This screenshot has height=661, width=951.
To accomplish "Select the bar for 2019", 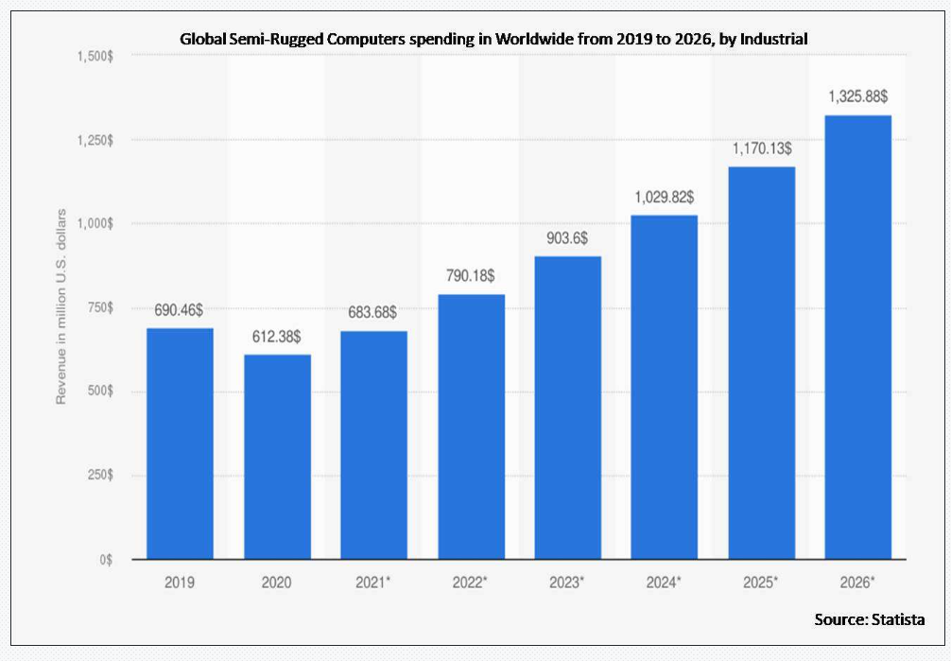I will pyautogui.click(x=180, y=444).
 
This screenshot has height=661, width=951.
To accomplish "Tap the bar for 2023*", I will pyautogui.click(x=567, y=408).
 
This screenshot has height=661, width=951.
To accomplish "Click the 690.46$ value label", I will pyautogui.click(x=180, y=309).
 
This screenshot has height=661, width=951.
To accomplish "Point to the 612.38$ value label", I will pyautogui.click(x=277, y=336).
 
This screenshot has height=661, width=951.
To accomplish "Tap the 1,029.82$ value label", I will pyautogui.click(x=664, y=197).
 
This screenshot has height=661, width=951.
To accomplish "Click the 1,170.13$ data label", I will pyautogui.click(x=761, y=148).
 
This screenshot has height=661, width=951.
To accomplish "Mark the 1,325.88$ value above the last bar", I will pyautogui.click(x=857, y=96).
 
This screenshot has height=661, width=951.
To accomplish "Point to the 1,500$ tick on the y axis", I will pyautogui.click(x=95, y=57).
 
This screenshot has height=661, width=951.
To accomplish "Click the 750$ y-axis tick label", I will pyautogui.click(x=98, y=307).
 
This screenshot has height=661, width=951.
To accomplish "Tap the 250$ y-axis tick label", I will pyautogui.click(x=98, y=476).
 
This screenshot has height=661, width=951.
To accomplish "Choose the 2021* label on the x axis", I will pyautogui.click(x=373, y=583).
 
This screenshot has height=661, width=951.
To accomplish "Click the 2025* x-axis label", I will pyautogui.click(x=761, y=583).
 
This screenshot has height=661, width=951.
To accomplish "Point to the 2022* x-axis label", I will pyautogui.click(x=470, y=583).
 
